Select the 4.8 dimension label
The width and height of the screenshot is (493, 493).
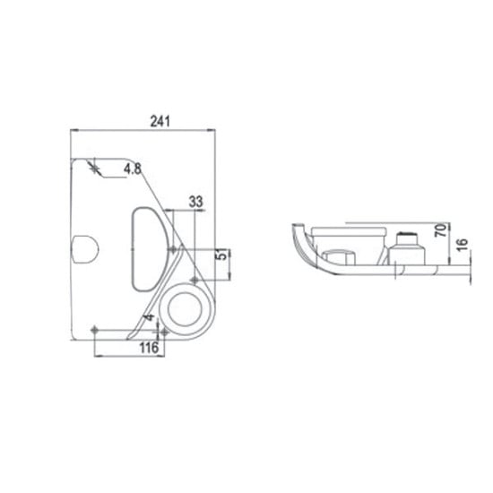point(132,168)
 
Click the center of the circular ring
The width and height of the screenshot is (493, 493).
point(186,307)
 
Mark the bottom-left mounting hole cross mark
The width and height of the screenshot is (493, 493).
point(95,330)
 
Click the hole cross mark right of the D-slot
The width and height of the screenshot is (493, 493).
point(174,248)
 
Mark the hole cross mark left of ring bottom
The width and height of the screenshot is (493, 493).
point(162,332)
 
